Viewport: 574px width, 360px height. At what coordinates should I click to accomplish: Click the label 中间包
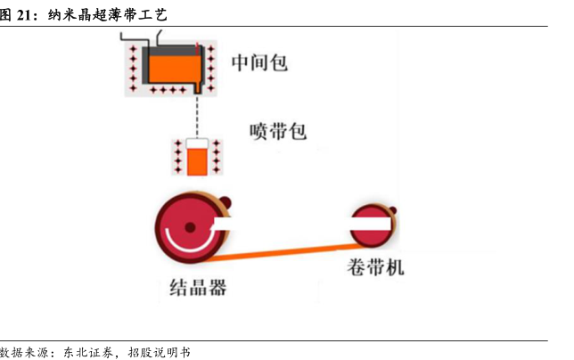260,62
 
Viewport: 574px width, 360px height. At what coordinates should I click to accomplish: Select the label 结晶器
198,287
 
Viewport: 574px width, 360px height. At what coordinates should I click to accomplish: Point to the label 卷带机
374,267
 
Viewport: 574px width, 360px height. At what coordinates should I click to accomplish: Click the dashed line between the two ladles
197,116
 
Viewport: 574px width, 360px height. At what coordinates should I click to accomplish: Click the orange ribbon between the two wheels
285,250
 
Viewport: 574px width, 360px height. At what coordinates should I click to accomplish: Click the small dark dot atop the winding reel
392,211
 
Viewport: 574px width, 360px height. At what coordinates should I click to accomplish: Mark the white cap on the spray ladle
196,143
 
